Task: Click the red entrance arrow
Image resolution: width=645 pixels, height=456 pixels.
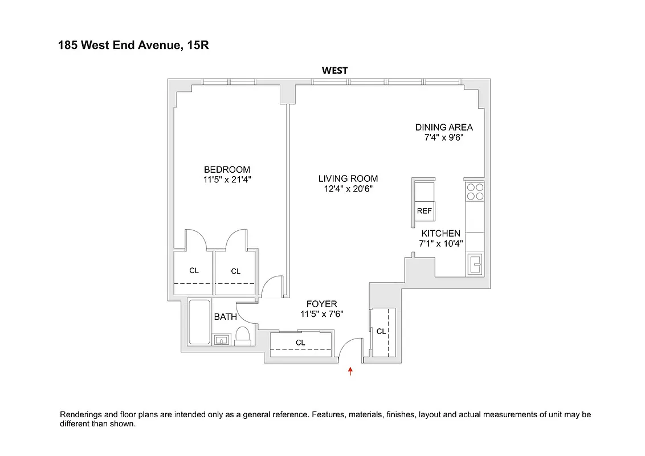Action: [350, 372]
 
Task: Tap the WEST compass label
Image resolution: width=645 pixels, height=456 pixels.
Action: [334, 71]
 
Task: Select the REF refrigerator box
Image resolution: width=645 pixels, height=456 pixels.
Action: [424, 211]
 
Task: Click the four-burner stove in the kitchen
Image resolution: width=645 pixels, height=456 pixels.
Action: [475, 192]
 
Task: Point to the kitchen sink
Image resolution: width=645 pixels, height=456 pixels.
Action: [475, 263]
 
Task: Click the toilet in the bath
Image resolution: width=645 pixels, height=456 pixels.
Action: [243, 336]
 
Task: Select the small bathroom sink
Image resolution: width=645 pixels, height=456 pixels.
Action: [221, 340]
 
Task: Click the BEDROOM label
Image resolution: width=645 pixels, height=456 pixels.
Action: [227, 169]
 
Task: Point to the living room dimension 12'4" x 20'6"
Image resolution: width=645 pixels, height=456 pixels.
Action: [348, 189]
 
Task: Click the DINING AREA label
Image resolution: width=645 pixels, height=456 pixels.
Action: [443, 127]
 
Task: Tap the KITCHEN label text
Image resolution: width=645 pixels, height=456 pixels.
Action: [440, 234]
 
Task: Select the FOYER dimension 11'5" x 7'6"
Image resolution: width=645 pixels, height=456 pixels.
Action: [321, 314]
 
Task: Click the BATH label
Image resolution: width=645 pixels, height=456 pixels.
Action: [225, 317]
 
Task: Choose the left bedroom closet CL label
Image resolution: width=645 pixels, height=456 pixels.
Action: [194, 270]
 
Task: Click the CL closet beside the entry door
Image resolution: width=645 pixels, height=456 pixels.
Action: [381, 331]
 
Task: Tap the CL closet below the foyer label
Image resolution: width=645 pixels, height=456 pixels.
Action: [300, 343]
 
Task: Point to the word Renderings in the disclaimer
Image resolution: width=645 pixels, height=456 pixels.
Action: [81, 414]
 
